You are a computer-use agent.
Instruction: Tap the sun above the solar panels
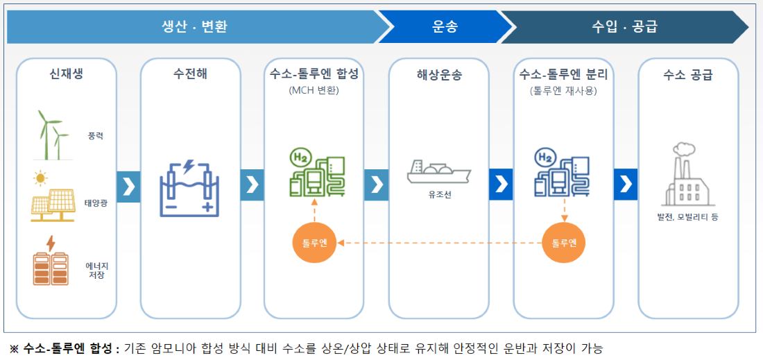tap(40, 179)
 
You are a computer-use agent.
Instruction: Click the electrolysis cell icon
tap(190, 188)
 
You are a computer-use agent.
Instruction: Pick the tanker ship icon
tap(439, 171)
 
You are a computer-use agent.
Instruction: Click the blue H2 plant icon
tap(562, 173)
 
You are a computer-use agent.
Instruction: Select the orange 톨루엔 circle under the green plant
tap(314, 243)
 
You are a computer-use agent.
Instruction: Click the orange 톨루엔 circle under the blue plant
tap(564, 243)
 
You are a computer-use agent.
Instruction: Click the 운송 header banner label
tap(445, 27)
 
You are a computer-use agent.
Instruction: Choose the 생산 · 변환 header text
tap(194, 27)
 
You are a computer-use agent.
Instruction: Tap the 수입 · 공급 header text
tap(624, 27)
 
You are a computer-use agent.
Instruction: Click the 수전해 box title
tap(190, 75)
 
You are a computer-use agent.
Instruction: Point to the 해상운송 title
tap(439, 75)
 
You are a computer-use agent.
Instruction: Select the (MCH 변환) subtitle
tap(314, 91)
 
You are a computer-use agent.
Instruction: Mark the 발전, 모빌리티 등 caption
tap(687, 216)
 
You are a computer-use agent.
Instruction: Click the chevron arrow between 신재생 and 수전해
tap(128, 185)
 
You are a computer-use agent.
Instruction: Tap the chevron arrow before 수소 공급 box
tap(626, 185)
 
